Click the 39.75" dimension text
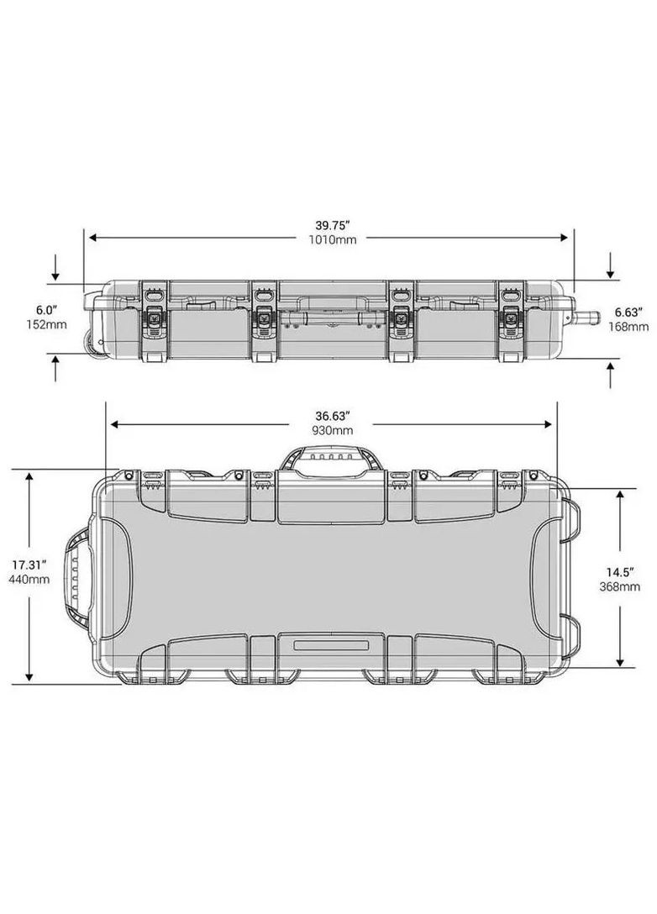tap(331, 225)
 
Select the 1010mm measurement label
tap(331, 239)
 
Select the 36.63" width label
tap(331, 415)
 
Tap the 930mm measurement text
tap(331, 429)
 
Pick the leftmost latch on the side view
tap(155, 319)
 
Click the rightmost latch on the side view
tap(509, 319)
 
